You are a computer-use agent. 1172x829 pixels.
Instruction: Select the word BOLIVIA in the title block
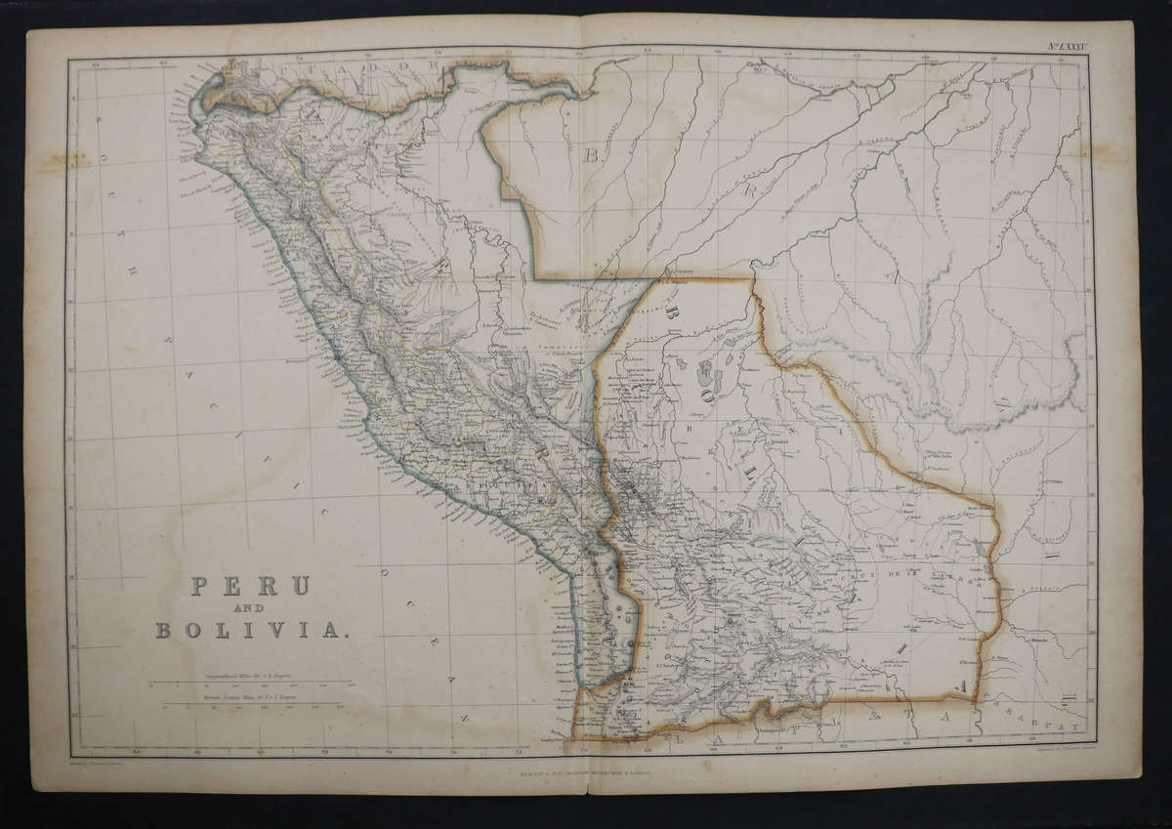(249, 630)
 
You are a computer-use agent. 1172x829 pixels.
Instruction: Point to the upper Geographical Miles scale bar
(250, 682)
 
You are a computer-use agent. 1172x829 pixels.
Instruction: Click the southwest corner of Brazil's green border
(541, 275)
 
